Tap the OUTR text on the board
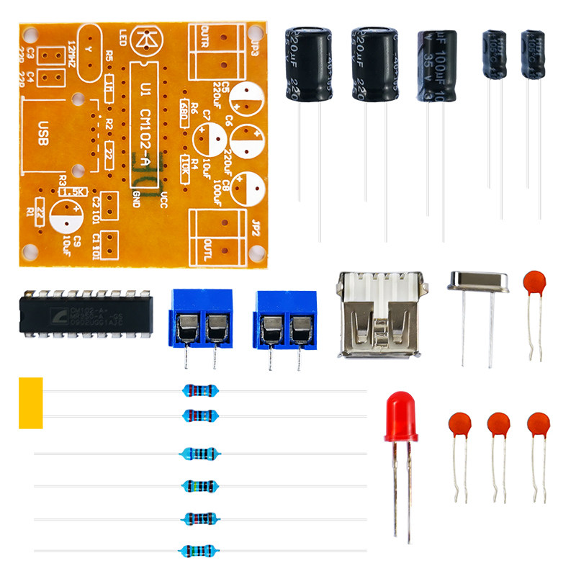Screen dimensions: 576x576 (x=205, y=37)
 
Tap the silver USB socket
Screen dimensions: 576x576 (x=379, y=315)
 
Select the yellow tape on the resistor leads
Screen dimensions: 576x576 (x=30, y=402)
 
